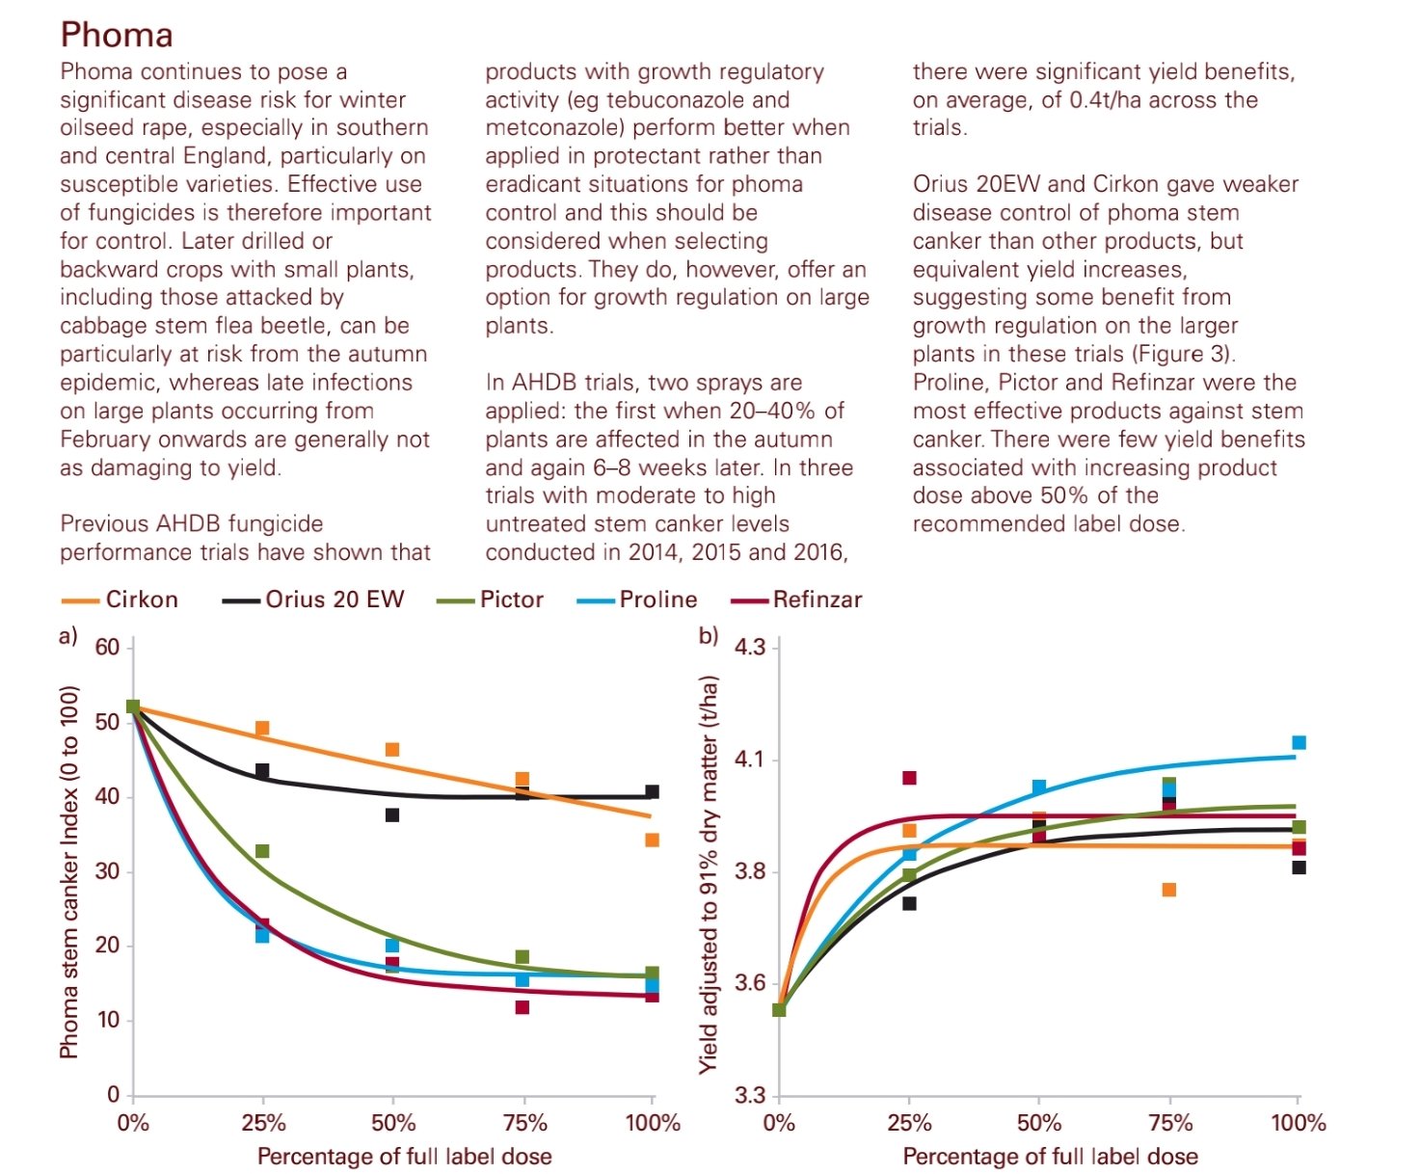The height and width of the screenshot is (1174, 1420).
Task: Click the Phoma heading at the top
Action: coord(117,35)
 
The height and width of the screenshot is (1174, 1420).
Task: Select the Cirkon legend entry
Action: coord(141,600)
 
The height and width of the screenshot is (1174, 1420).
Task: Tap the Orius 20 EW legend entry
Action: coord(335,600)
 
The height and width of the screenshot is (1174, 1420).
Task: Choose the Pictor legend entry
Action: coord(511,600)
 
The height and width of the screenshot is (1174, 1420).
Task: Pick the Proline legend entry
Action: coord(657,600)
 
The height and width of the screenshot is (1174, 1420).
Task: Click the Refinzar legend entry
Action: coord(817,600)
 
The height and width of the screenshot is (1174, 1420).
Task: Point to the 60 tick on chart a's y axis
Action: coord(107,648)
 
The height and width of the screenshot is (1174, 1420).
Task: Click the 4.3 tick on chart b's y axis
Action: coord(750,647)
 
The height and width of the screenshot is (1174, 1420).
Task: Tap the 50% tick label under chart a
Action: coord(393,1123)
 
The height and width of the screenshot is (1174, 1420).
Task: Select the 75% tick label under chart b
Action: coord(1170,1123)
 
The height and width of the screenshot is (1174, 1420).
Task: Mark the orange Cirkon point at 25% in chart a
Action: coord(262,729)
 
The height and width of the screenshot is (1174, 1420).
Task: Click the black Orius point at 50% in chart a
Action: coord(392,815)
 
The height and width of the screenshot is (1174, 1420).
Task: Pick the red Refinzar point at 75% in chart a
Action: coord(522,1007)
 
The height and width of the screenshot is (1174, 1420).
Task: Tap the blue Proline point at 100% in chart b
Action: coord(1299,742)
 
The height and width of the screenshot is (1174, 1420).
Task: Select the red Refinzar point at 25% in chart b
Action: coord(909,778)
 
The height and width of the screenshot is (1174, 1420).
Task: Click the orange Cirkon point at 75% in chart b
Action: coord(1169,890)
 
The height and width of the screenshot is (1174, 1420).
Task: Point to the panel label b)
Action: coord(709,636)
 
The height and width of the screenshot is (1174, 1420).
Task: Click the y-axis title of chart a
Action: coord(68,872)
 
